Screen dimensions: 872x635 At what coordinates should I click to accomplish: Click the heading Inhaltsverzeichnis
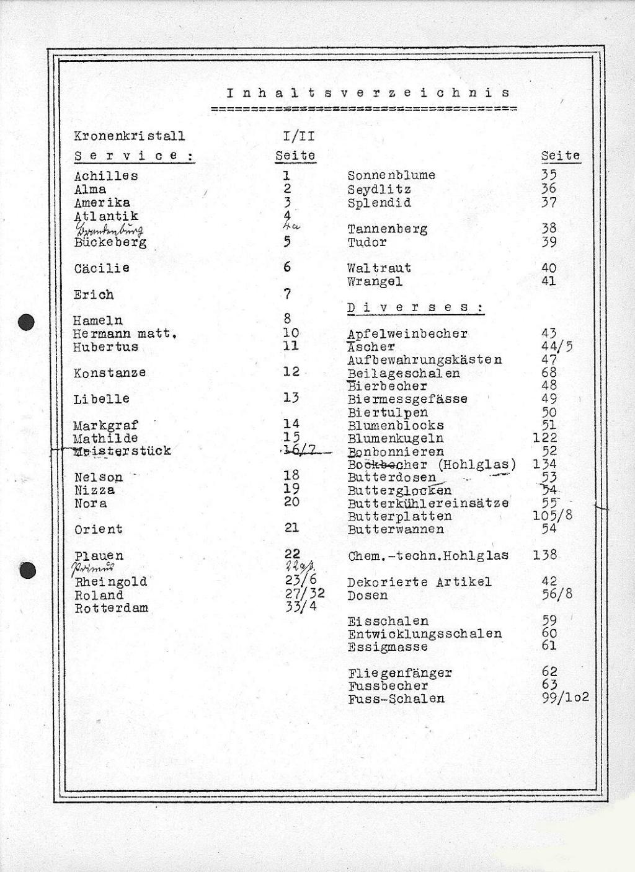point(368,94)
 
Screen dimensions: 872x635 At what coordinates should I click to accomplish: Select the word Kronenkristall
point(129,136)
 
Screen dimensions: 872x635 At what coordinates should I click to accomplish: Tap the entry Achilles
point(106,176)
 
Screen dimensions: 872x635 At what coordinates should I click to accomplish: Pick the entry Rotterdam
point(112,608)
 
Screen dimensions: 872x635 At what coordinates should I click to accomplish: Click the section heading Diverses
point(415,308)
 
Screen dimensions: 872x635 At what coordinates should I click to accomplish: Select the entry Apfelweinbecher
point(407,334)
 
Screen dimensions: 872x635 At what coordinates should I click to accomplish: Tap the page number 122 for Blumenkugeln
point(544,438)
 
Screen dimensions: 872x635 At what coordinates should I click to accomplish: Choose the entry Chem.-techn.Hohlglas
point(428,555)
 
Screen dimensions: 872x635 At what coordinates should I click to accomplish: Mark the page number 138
point(544,555)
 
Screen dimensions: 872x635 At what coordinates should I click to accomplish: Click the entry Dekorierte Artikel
point(419,582)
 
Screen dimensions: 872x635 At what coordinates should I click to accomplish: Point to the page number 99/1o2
point(565,698)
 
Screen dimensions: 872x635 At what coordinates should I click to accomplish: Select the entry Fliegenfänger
point(400,672)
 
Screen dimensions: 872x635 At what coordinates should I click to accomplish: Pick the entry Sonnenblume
point(391,176)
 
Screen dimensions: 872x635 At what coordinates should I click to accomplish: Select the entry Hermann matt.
point(125,334)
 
